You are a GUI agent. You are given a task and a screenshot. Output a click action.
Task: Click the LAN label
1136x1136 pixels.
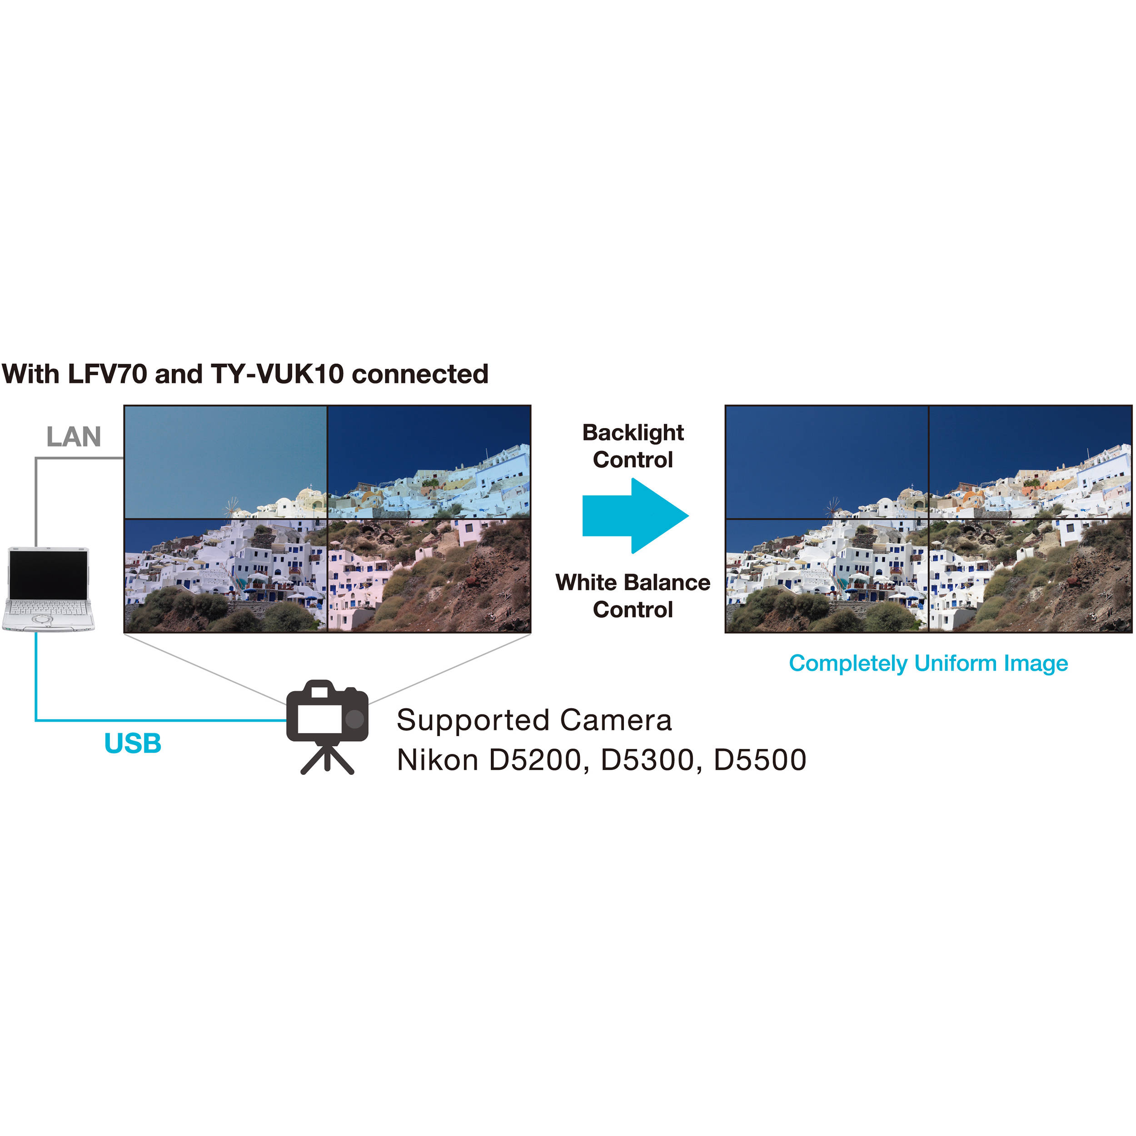tap(74, 437)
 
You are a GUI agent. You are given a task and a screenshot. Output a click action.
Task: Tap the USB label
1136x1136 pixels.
tap(133, 743)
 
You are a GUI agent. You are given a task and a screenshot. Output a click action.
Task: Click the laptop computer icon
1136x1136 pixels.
tap(48, 589)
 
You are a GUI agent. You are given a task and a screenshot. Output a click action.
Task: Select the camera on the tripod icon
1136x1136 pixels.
tap(328, 727)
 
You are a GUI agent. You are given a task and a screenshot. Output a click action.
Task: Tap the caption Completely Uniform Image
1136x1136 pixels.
tap(928, 663)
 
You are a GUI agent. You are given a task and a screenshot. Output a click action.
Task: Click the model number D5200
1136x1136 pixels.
tap(534, 760)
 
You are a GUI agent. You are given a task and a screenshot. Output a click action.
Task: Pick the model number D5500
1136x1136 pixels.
tap(760, 760)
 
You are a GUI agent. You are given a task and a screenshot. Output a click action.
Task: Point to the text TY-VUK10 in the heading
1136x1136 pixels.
tap(277, 374)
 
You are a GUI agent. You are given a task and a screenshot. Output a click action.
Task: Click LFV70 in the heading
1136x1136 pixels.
tap(108, 374)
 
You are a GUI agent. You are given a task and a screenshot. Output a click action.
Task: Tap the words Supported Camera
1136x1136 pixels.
tap(534, 720)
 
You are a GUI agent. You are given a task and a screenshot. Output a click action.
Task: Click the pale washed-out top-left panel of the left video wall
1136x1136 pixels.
tap(226, 462)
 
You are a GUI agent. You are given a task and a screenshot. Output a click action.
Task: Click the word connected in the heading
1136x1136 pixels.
tap(420, 374)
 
